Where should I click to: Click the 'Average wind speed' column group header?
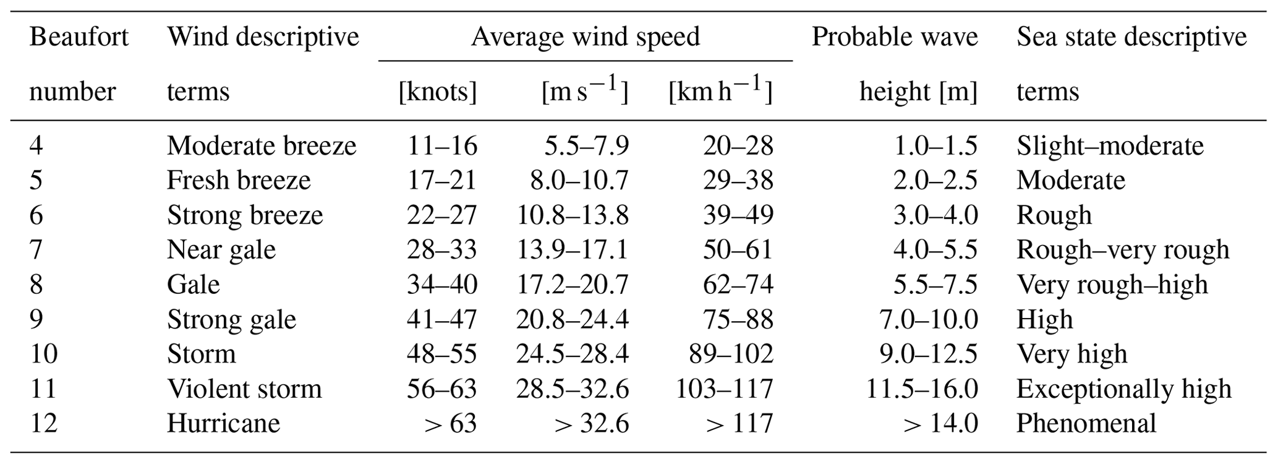[x=586, y=37]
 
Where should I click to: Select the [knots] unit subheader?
[x=438, y=92]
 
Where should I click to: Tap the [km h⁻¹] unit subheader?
[x=720, y=90]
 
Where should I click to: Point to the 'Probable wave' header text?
[x=895, y=37]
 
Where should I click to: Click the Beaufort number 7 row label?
[x=36, y=249]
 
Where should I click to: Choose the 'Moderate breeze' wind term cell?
[x=262, y=146]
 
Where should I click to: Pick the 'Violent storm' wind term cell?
[x=244, y=389]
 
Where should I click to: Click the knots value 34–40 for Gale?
[x=442, y=285]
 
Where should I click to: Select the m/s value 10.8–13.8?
[x=573, y=215]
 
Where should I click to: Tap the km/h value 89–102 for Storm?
[x=731, y=354]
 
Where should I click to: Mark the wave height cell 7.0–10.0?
[x=929, y=319]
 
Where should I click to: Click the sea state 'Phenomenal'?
[x=1086, y=423]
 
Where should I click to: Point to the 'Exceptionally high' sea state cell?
[x=1124, y=389]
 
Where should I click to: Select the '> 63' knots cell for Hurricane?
[x=451, y=424]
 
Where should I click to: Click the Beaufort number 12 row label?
[x=43, y=423]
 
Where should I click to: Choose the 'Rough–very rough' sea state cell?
[x=1123, y=250]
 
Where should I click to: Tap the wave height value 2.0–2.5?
[x=935, y=181]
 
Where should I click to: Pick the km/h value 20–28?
[x=738, y=146]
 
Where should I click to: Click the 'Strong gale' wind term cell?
[x=231, y=320]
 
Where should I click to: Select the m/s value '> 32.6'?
[x=592, y=424]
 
